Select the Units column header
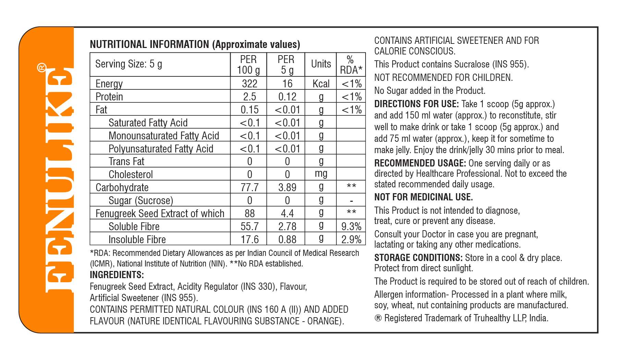point(321,64)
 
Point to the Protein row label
point(109,97)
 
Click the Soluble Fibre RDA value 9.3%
point(351,226)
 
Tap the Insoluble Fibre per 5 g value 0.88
point(287,239)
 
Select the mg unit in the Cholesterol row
point(321,174)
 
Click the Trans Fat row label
point(126,161)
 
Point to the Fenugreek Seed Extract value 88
point(249,213)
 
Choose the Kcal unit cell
point(321,84)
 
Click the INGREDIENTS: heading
point(117,275)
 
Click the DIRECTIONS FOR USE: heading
point(416,104)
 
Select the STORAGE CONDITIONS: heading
point(418,258)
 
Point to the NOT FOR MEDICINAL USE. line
point(423,197)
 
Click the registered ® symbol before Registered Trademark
point(378,318)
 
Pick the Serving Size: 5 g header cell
point(128,64)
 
